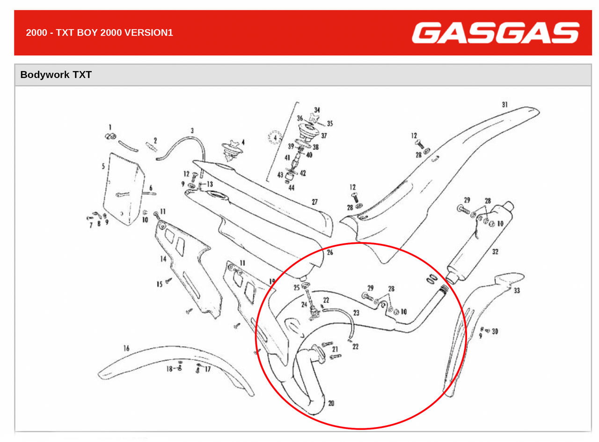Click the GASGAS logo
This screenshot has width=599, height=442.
(x=495, y=33)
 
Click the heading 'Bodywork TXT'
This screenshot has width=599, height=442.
(x=56, y=75)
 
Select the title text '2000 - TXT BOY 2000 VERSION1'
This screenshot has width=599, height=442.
(x=99, y=33)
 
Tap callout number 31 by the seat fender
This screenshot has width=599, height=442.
(x=504, y=105)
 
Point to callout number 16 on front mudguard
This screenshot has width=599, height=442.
(x=126, y=349)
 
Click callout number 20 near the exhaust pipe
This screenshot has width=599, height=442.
(x=331, y=403)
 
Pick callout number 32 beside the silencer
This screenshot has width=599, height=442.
(x=495, y=252)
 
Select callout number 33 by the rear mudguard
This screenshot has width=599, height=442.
(x=517, y=291)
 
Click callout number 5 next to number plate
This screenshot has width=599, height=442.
(x=103, y=166)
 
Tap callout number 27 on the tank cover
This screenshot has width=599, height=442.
(x=314, y=202)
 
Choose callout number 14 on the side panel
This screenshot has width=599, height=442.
(x=163, y=259)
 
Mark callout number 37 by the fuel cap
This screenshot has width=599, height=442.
(x=324, y=135)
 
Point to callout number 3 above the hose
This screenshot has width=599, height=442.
(x=192, y=130)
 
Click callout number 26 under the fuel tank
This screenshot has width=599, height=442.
(x=330, y=252)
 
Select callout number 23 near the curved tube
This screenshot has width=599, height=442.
(x=356, y=313)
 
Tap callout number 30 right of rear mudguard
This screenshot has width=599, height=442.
(x=495, y=331)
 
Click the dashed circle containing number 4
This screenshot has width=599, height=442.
(x=275, y=138)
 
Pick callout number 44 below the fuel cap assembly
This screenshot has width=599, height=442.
(x=292, y=188)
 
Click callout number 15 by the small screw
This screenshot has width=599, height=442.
(x=159, y=284)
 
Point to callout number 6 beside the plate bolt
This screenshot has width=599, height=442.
(x=151, y=188)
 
